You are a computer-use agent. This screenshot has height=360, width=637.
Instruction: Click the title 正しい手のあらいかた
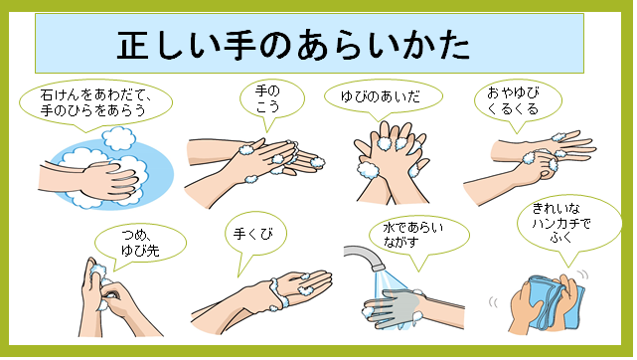293,45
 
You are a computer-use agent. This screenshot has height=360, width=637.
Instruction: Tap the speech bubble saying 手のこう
271,98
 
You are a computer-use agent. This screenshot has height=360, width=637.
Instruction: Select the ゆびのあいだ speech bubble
383,96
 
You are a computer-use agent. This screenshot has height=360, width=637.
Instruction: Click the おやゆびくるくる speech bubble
518,100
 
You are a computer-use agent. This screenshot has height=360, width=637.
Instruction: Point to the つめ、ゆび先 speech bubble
140,243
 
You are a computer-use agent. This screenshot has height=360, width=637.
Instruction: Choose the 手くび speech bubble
255,234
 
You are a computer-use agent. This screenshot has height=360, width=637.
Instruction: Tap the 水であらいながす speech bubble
418,235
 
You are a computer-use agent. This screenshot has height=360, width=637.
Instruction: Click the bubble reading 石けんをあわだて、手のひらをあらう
95,102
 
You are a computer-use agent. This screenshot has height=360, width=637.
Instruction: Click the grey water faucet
366,256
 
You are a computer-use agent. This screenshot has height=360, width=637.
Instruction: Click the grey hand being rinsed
392,307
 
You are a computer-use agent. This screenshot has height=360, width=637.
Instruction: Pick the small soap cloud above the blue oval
118,138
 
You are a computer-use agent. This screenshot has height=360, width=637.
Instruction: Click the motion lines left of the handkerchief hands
493,302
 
